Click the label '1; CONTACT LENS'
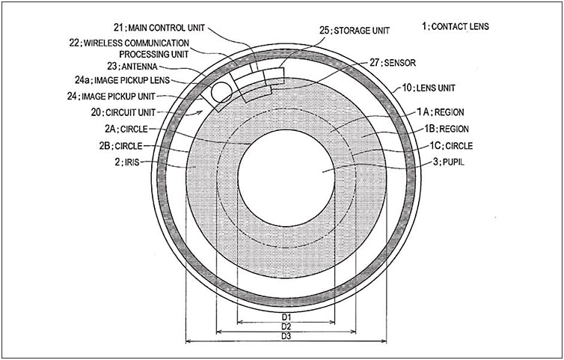tap(456, 26)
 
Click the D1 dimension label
tap(285, 317)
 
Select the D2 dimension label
tap(285, 327)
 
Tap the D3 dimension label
tap(285, 336)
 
